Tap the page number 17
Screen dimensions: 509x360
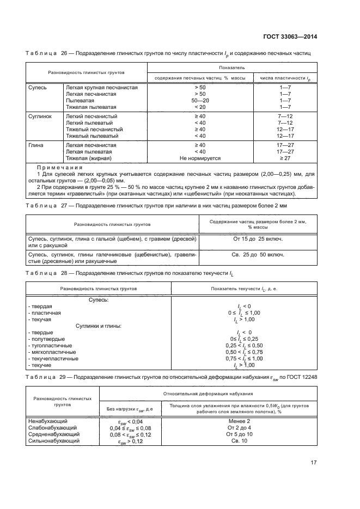pyautogui.click(x=314, y=463)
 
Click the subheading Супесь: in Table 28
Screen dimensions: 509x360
pyautogui.click(x=99, y=300)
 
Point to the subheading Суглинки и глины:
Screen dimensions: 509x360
pyautogui.click(x=98, y=326)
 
